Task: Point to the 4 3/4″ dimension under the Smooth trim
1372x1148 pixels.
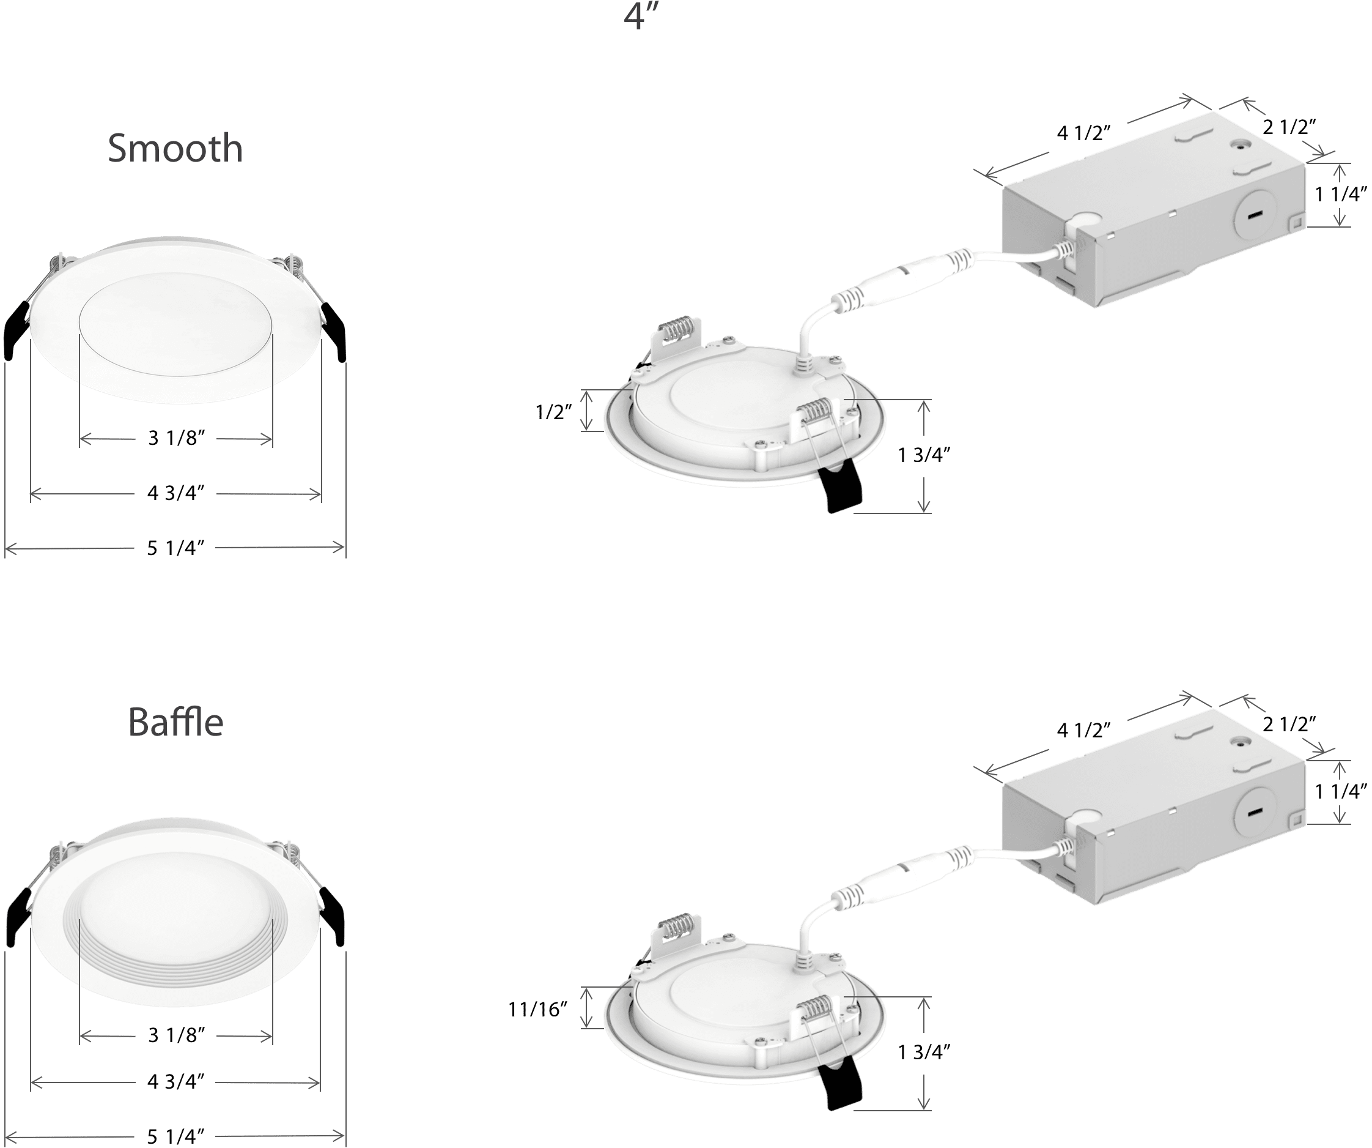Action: (x=175, y=493)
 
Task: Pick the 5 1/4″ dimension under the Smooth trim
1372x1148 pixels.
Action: (x=175, y=548)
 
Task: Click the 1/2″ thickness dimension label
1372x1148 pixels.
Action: (x=553, y=412)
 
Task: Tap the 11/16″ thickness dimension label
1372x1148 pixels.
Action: (x=537, y=1010)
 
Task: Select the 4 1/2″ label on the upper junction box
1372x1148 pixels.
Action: (x=1084, y=133)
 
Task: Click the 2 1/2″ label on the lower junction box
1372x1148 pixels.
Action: (x=1289, y=724)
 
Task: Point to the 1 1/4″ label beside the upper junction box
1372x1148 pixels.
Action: (x=1341, y=194)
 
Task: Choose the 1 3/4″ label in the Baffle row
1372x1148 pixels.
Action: (x=924, y=1052)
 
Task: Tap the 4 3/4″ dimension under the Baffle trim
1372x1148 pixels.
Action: (x=175, y=1081)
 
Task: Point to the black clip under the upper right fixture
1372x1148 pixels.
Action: (x=841, y=488)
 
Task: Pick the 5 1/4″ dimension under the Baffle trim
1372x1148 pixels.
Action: (x=175, y=1136)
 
